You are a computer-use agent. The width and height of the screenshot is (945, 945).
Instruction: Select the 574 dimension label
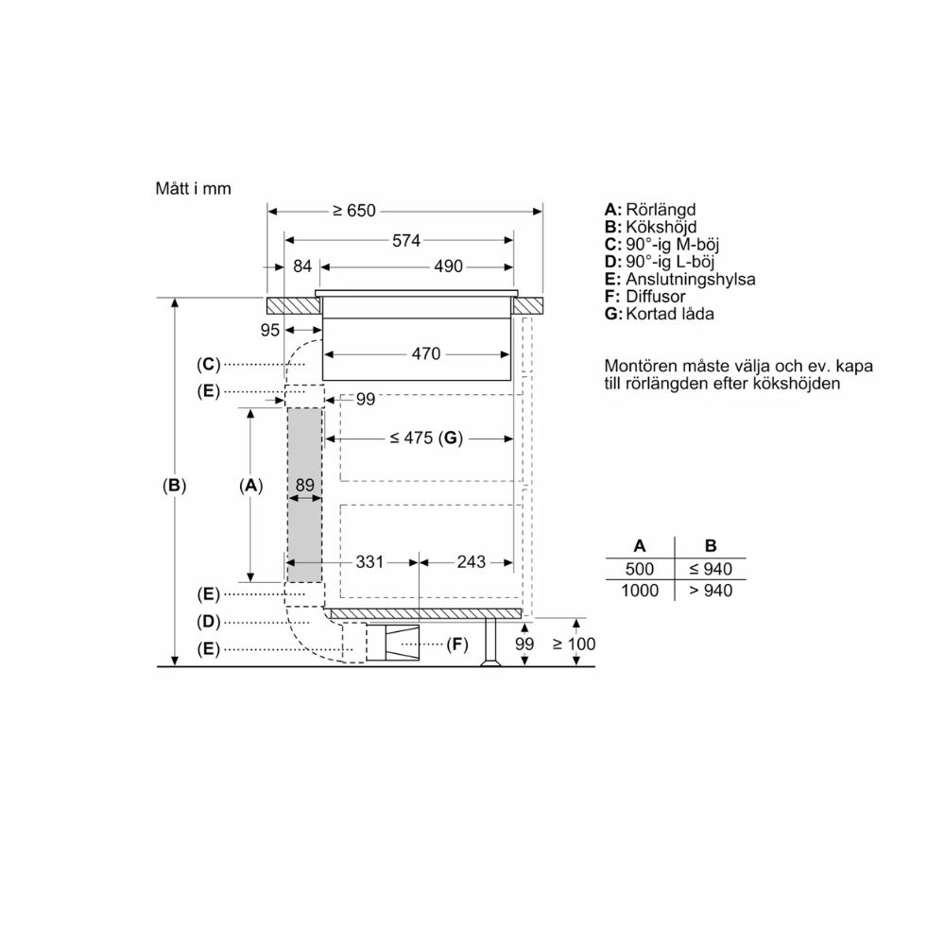point(405,240)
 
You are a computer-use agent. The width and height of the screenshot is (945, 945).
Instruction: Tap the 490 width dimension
point(448,266)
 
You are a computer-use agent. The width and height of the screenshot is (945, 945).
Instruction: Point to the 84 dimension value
point(301,266)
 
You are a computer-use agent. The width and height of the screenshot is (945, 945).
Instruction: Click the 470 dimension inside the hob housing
point(426,354)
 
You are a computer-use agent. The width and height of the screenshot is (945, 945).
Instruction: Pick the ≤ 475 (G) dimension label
point(423,438)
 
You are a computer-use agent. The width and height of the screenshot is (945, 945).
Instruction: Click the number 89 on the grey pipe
point(304,485)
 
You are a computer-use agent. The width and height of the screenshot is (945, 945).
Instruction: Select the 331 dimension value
point(369,562)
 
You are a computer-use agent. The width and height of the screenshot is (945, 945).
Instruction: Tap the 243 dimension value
point(470,562)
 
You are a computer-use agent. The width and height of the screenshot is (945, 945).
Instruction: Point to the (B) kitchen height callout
point(174,486)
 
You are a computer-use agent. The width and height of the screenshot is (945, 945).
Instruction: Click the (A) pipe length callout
point(249,486)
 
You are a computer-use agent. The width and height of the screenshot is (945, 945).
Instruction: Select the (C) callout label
point(209,364)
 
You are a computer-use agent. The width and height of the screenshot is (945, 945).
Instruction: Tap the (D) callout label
point(209,622)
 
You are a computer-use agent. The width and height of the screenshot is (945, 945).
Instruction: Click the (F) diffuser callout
point(457,644)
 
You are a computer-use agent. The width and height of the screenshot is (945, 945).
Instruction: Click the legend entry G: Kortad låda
point(659,313)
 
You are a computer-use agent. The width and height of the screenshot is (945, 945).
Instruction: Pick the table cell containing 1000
point(640,590)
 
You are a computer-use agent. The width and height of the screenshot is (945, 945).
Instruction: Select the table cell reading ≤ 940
point(711,569)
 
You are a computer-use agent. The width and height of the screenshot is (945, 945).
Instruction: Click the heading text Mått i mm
point(193,188)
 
